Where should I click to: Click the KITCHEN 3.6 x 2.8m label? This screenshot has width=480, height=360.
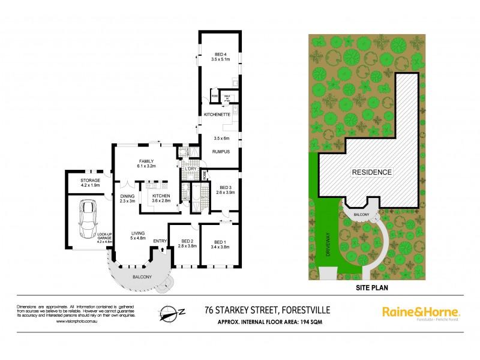[161, 199]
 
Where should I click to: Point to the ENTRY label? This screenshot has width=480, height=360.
[160, 241]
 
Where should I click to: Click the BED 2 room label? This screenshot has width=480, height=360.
[187, 243]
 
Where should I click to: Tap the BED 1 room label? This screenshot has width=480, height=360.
[217, 243]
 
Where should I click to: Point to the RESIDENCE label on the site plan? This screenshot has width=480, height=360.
[372, 172]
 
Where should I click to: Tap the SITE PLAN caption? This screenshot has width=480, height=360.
[364, 287]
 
